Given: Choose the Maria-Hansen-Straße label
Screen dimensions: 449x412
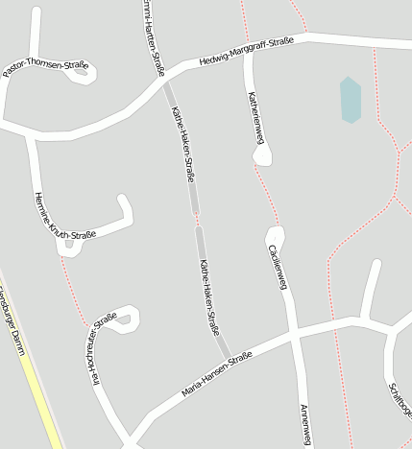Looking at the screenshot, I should click(x=216, y=375).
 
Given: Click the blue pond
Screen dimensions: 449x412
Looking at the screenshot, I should click(x=350, y=100).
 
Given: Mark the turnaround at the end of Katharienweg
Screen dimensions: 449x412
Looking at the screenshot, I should click(x=260, y=154).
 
